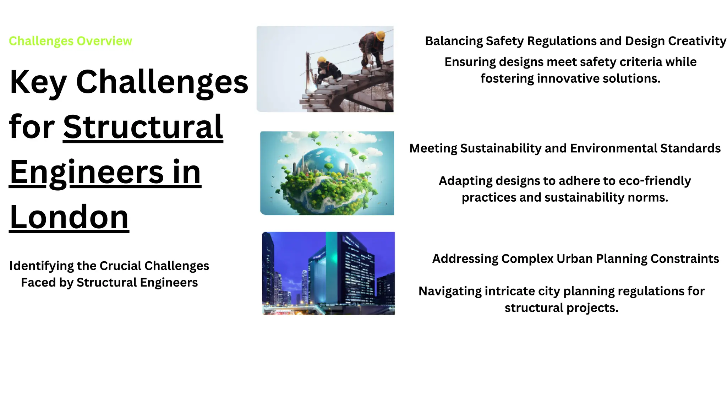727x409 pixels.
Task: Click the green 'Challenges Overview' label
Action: pyautogui.click(x=70, y=41)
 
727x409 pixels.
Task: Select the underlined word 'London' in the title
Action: pyautogui.click(x=69, y=217)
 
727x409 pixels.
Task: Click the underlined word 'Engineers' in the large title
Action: pyautogui.click(x=87, y=173)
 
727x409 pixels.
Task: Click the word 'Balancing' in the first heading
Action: pyautogui.click(x=454, y=41)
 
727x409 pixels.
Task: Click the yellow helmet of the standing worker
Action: pyautogui.click(x=380, y=36)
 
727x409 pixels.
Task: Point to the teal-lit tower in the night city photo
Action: pyautogui.click(x=331, y=263)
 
